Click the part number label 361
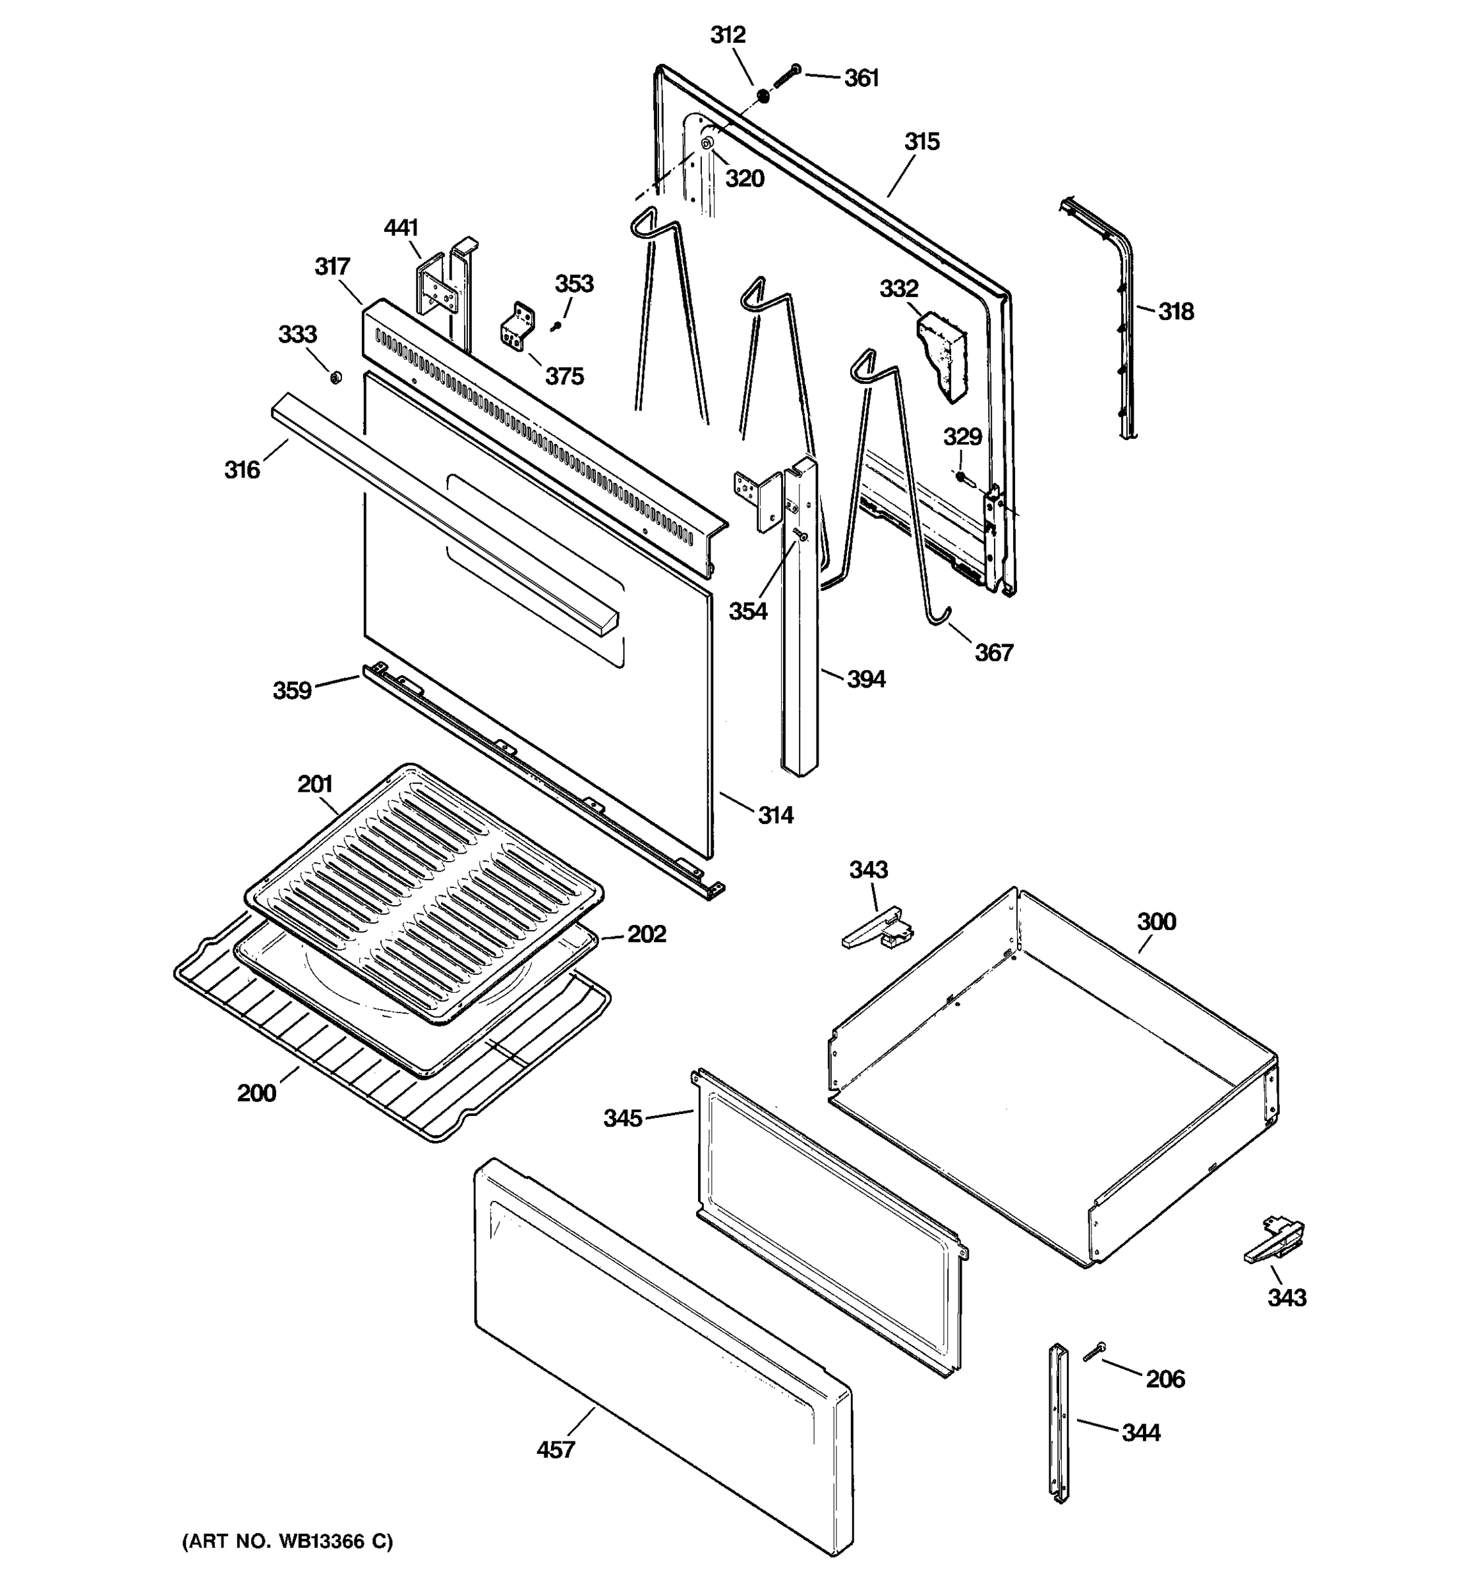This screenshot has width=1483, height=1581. coord(861,78)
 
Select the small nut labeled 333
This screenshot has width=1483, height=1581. coord(335,376)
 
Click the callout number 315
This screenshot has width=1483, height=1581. coord(921,142)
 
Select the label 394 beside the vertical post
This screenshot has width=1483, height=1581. coord(865,679)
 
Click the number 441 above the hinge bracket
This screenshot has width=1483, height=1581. coord(400,228)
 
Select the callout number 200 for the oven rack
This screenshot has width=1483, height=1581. coord(256,1093)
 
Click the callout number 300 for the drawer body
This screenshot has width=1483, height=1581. coord(1155,922)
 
